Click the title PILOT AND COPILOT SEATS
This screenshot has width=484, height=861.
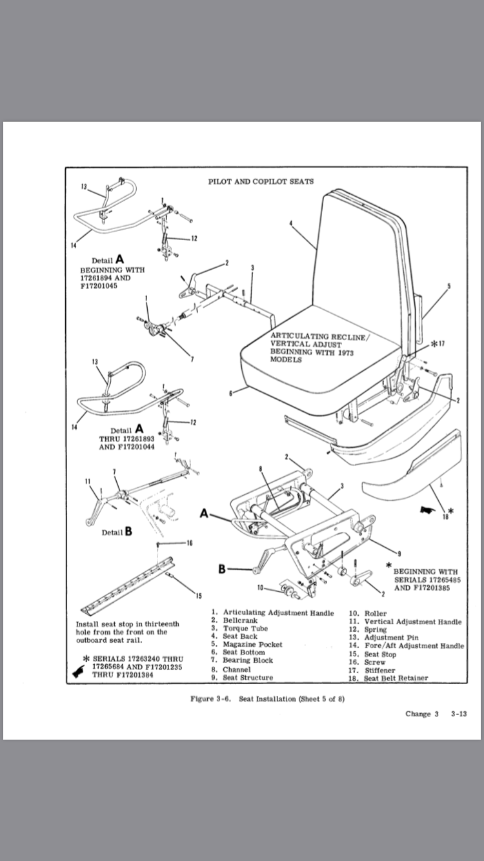[261, 181]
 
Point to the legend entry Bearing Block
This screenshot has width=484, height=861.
[248, 661]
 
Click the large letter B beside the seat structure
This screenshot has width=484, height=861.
[223, 569]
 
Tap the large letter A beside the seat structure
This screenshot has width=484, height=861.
[205, 514]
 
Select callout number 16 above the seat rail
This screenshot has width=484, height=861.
[190, 543]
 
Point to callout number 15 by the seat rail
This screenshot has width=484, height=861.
[198, 594]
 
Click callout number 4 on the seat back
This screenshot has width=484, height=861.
[291, 223]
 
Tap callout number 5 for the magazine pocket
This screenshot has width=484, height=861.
[449, 285]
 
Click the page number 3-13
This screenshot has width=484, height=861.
[459, 714]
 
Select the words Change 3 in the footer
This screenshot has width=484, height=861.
[422, 714]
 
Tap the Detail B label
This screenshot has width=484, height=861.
[117, 532]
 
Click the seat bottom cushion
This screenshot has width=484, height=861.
[316, 368]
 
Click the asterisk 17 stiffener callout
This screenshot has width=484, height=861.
[438, 343]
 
